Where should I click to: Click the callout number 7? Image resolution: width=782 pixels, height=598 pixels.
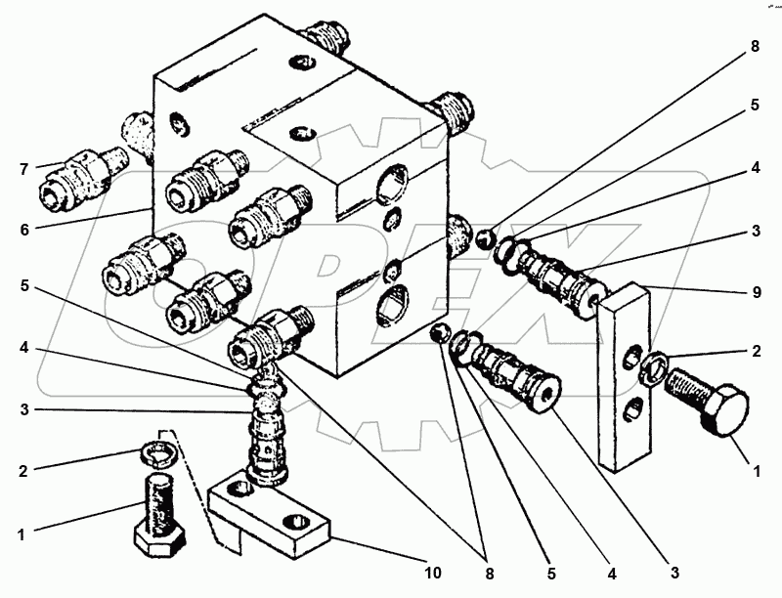(23, 169)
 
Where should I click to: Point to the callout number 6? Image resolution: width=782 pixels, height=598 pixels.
(24, 230)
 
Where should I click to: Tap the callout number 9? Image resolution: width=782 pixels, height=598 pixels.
(757, 292)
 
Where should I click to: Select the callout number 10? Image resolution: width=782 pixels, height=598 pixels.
(433, 573)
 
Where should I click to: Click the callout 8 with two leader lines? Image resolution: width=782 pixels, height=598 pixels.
(490, 574)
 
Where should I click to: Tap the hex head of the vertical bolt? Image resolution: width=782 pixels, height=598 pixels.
(159, 540)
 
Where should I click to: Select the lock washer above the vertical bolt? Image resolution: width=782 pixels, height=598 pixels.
(158, 455)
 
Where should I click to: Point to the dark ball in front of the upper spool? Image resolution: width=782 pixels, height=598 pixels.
(484, 239)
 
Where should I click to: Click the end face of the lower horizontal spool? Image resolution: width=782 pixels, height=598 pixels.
(547, 394)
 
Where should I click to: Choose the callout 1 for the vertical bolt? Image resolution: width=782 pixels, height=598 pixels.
(21, 535)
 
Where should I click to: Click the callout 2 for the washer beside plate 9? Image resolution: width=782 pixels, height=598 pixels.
(757, 352)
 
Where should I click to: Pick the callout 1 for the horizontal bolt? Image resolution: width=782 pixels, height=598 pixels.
(757, 471)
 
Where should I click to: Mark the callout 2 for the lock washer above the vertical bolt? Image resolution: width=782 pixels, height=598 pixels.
(23, 471)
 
